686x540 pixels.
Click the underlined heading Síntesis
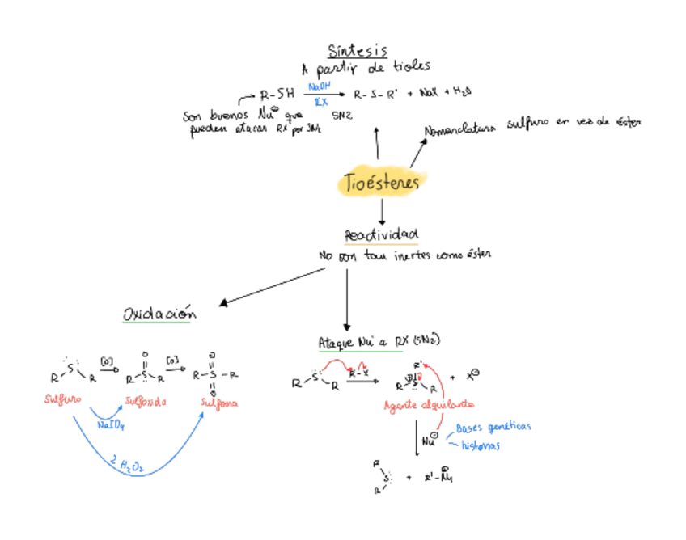pos(357,51)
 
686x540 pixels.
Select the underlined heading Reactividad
pos(381,235)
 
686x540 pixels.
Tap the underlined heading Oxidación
pos(159,313)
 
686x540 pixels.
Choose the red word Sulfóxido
pos(146,401)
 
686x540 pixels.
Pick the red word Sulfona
pos(219,402)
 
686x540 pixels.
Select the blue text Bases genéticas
pos(493,428)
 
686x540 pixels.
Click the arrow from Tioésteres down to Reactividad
pos(382,212)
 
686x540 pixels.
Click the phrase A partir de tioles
pos(366,67)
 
